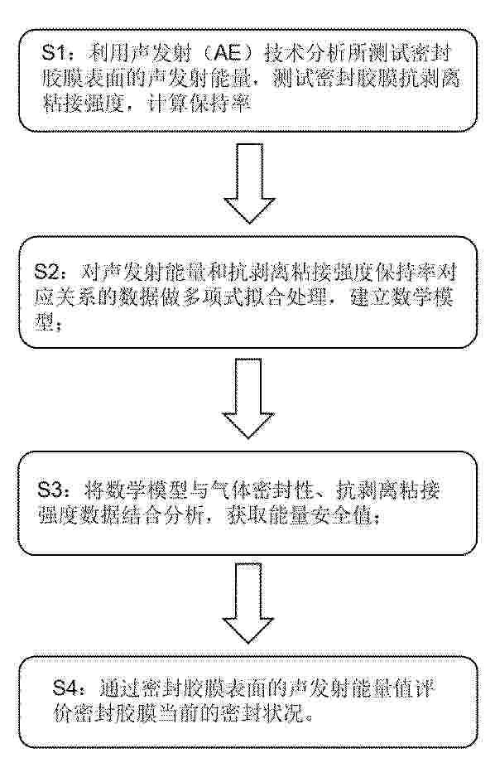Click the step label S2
click(x=49, y=273)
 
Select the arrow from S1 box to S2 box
click(x=249, y=182)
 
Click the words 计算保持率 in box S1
click(x=199, y=104)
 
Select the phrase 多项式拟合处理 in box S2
click(x=255, y=297)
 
